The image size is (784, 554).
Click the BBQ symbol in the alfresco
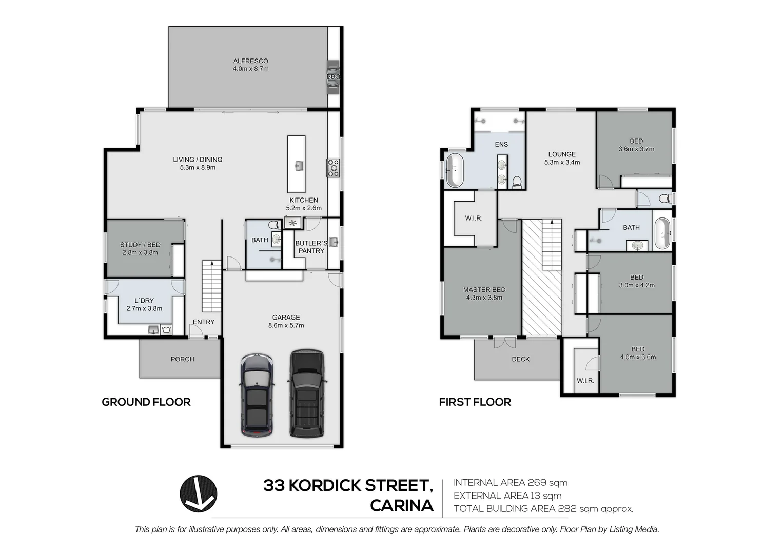point(333,77)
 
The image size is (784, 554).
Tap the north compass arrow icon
point(198,493)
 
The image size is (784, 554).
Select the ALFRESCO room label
point(250,61)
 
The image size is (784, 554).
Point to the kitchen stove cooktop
point(334,168)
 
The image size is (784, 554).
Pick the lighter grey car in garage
point(258,394)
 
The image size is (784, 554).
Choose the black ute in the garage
point(307,393)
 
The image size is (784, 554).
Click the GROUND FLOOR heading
point(146,402)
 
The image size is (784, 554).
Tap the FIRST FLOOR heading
point(475,402)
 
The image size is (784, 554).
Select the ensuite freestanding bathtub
point(455,170)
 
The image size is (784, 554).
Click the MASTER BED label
point(484,290)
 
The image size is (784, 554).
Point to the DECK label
point(520,359)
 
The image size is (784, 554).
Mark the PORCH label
point(182,359)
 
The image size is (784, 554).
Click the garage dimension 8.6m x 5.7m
point(286,325)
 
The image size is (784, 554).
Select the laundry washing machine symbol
point(166,330)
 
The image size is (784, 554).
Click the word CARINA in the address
point(401,506)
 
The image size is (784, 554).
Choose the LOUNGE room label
point(562,154)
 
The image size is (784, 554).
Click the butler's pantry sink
point(334,241)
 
